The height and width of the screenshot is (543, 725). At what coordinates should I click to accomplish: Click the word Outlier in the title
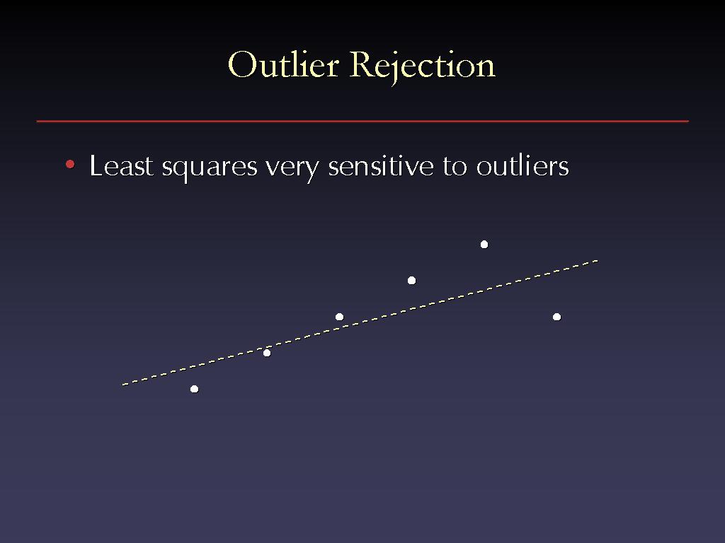click(x=283, y=64)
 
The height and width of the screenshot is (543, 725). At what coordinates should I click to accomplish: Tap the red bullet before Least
click(x=70, y=164)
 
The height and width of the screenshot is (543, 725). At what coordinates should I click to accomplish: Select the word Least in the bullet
click(x=121, y=165)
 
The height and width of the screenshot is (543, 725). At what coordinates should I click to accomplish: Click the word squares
click(x=210, y=168)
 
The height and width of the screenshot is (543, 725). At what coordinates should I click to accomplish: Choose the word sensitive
click(x=381, y=165)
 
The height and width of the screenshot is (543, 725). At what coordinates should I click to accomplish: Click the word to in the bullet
click(x=455, y=167)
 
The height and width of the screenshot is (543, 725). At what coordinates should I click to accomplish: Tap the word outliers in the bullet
click(x=523, y=165)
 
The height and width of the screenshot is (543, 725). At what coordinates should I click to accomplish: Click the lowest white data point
click(x=194, y=389)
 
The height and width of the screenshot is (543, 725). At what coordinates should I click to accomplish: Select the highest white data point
click(x=484, y=244)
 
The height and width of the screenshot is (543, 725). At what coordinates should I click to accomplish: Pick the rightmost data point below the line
click(x=556, y=317)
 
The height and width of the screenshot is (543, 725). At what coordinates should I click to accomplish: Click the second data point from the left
click(x=267, y=353)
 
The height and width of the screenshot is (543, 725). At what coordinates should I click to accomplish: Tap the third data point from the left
click(x=339, y=317)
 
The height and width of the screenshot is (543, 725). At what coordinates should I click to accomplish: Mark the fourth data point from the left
click(x=411, y=280)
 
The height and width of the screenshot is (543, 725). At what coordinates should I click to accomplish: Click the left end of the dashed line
click(x=122, y=384)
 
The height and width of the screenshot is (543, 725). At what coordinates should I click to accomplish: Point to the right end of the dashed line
click(x=598, y=261)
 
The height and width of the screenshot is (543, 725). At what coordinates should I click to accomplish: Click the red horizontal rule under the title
click(x=362, y=122)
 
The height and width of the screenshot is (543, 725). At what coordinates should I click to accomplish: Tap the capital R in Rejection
click(x=363, y=64)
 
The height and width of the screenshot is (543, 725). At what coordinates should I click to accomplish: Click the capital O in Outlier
click(x=243, y=64)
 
